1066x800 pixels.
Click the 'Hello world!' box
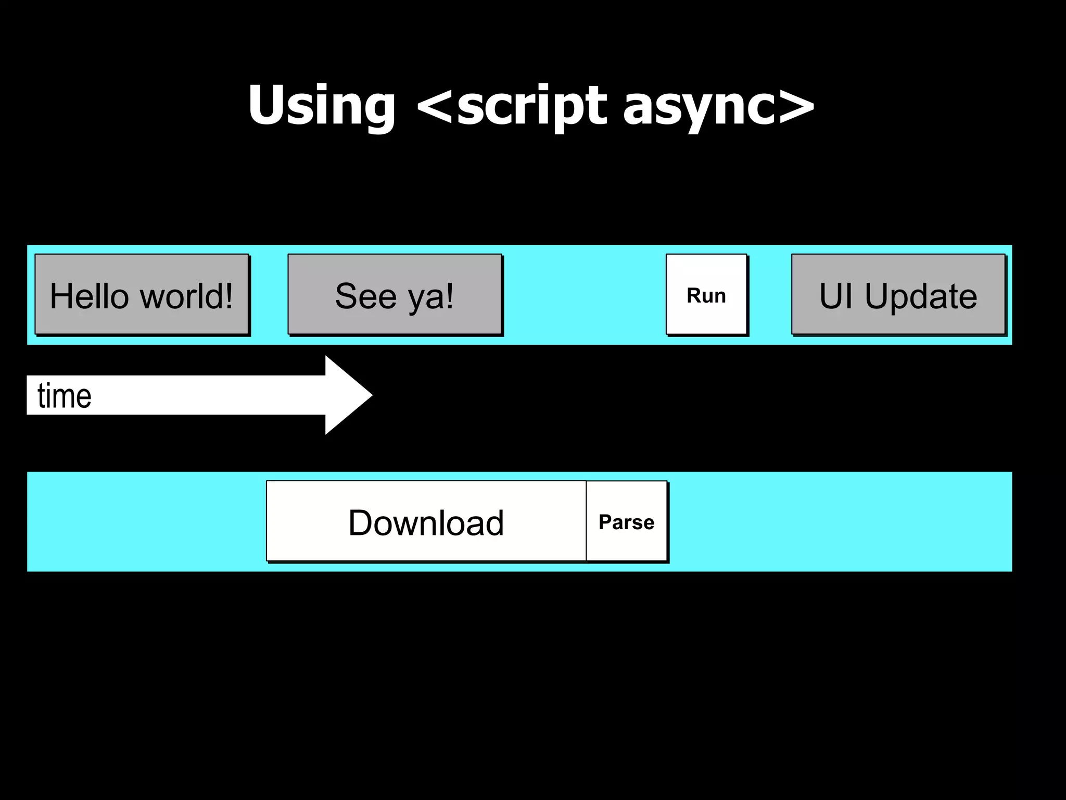point(142,294)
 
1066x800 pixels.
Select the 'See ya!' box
point(395,294)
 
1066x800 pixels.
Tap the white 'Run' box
point(706,294)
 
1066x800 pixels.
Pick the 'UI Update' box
point(898,294)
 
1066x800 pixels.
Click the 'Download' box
point(426,521)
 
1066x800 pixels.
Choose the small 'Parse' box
point(627,521)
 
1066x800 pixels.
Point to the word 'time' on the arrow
point(65,396)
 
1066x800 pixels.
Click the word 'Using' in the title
point(322,106)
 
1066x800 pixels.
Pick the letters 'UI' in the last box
point(836,295)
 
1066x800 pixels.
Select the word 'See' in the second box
point(366,295)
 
